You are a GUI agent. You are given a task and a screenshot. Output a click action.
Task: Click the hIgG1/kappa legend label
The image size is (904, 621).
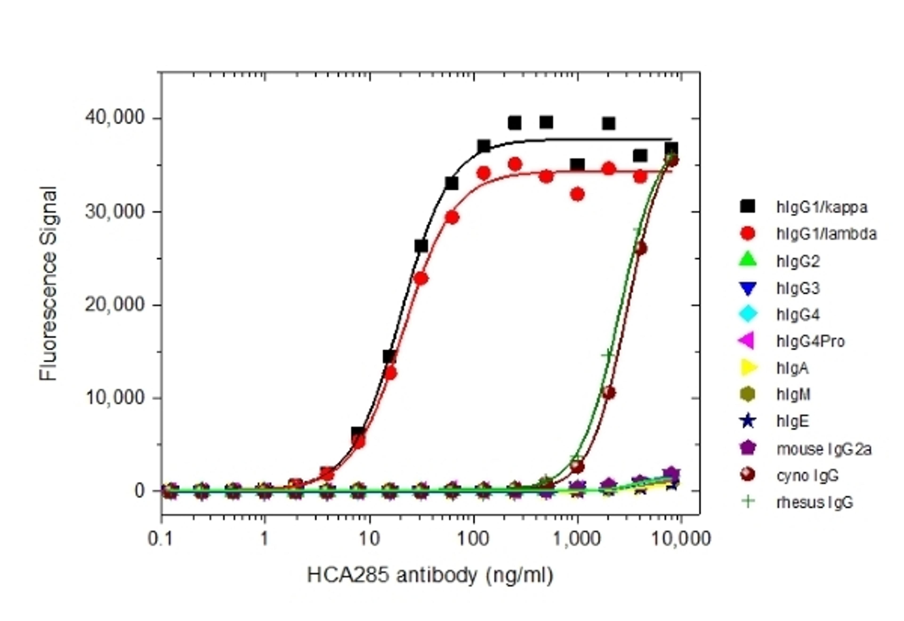pyautogui.click(x=822, y=207)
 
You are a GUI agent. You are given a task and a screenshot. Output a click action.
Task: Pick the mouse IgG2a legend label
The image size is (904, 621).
pyautogui.click(x=824, y=449)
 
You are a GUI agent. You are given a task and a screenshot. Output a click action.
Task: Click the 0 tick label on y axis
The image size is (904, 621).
pyautogui.click(x=140, y=491)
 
